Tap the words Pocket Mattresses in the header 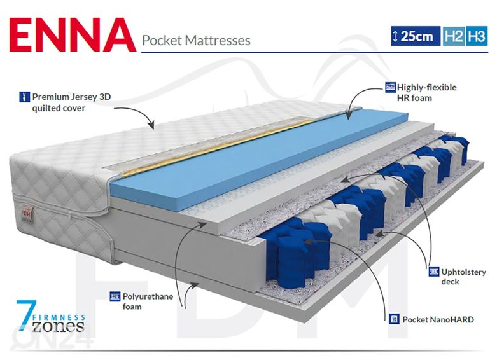pyautogui.click(x=196, y=40)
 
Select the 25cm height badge pyautogui.click(x=414, y=36)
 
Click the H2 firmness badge pyautogui.click(x=454, y=36)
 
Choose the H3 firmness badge pyautogui.click(x=477, y=36)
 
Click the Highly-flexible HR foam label pyautogui.click(x=427, y=92)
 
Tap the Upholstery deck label pyautogui.click(x=463, y=277)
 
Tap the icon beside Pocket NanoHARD pyautogui.click(x=395, y=319)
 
